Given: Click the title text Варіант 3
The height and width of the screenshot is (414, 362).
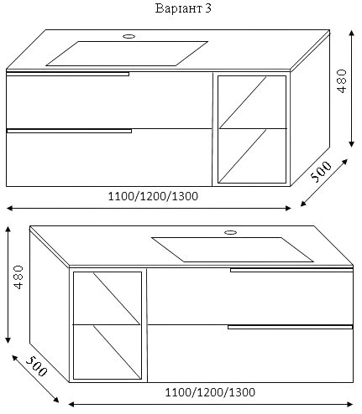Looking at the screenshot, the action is [183, 8].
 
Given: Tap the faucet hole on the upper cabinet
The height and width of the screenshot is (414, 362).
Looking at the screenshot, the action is [129, 36].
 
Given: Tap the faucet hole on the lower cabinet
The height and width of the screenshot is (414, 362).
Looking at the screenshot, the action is [231, 232].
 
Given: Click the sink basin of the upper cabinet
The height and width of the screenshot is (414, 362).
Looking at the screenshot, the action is [127, 54].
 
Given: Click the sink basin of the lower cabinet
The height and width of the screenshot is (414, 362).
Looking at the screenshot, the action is [233, 250].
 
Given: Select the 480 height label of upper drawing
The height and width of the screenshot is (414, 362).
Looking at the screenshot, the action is [342, 81].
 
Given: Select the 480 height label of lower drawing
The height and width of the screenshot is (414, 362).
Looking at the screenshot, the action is [18, 277].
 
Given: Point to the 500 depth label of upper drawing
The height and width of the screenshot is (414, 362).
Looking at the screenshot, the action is [321, 172].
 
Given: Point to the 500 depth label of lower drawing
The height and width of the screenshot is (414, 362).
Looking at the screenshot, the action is [36, 366].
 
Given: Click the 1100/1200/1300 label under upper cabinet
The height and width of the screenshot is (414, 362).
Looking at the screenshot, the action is [153, 196].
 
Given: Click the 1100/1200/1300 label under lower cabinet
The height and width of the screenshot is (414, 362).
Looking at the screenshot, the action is [210, 392].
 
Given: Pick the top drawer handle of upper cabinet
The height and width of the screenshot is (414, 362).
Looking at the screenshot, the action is [67, 74].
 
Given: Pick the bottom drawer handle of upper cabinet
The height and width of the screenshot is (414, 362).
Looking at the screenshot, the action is [69, 131].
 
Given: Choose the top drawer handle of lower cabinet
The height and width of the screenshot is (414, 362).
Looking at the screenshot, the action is [291, 270].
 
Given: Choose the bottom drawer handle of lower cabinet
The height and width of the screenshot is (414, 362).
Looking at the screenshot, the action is [290, 327].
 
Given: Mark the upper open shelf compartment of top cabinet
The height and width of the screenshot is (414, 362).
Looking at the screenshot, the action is [252, 102].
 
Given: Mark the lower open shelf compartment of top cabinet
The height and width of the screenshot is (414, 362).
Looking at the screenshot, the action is [252, 156].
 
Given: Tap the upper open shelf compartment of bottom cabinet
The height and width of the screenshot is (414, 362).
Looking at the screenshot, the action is [108, 298].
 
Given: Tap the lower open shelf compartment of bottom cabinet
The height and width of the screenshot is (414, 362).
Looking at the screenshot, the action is [108, 352].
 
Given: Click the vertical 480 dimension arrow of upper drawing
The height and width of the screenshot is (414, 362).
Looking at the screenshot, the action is [352, 88].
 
